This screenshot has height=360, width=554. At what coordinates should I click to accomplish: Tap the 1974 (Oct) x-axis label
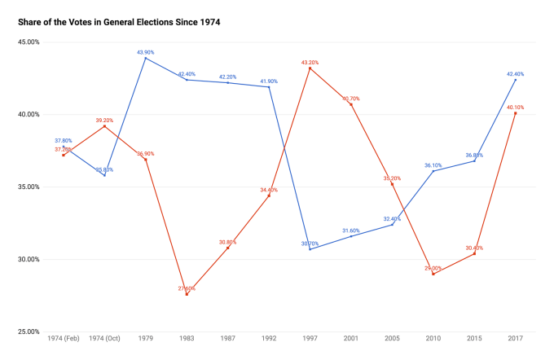(x=104, y=338)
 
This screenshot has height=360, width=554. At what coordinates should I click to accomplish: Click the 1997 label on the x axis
(x=310, y=338)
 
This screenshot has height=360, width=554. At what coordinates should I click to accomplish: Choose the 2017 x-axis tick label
(x=515, y=338)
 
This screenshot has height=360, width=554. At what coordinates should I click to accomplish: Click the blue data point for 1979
(x=145, y=58)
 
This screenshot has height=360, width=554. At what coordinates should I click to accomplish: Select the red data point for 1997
(x=310, y=68)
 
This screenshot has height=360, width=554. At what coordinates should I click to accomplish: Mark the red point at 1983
(x=187, y=294)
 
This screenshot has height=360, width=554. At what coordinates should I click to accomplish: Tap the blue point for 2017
(x=515, y=80)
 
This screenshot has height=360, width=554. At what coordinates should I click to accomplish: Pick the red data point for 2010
(x=433, y=274)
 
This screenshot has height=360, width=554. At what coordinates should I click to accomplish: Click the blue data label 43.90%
(x=145, y=52)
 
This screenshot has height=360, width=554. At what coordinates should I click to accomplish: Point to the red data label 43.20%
(x=310, y=62)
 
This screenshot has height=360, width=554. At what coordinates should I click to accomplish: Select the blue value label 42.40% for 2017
(x=515, y=73)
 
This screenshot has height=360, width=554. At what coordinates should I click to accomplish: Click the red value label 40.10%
(x=515, y=107)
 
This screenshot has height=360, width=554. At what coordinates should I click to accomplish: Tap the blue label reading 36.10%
(x=433, y=165)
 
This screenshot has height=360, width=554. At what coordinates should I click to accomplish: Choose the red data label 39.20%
(x=104, y=120)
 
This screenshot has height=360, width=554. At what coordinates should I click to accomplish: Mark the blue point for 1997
(x=310, y=249)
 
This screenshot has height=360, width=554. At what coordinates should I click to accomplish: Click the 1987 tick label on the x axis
(x=227, y=338)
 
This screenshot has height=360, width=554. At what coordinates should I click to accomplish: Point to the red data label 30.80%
(x=227, y=242)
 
